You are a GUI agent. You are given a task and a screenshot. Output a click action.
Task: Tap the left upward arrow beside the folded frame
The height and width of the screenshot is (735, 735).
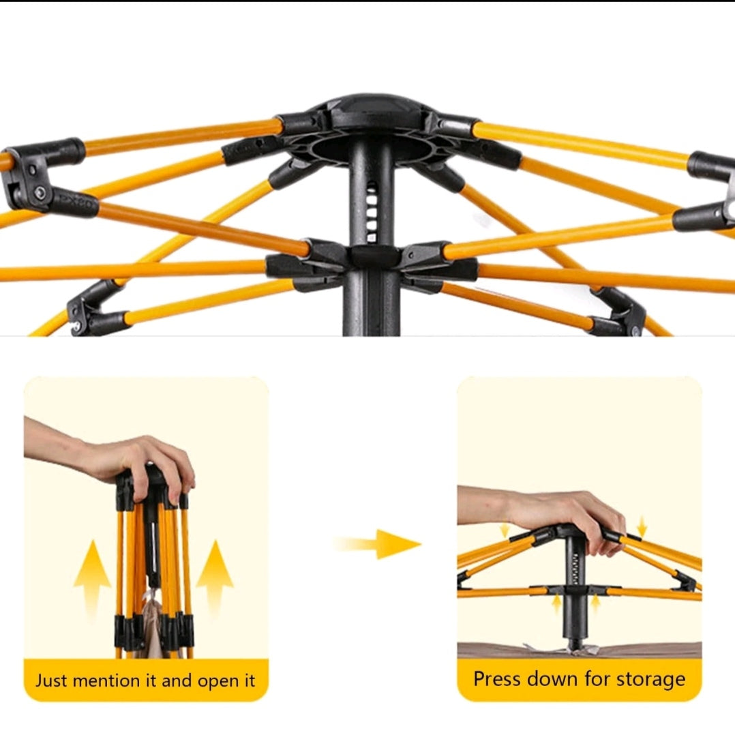coord(93,578)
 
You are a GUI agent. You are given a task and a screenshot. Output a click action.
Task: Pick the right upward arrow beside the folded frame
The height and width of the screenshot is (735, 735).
coord(215,578)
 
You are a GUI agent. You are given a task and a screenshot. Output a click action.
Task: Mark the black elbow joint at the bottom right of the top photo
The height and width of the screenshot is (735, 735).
coord(620,312)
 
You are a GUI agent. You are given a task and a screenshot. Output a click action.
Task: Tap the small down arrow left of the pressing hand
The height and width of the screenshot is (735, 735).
coord(505,530)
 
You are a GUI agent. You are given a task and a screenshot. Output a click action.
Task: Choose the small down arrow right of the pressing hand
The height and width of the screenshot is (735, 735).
coord(642,526)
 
